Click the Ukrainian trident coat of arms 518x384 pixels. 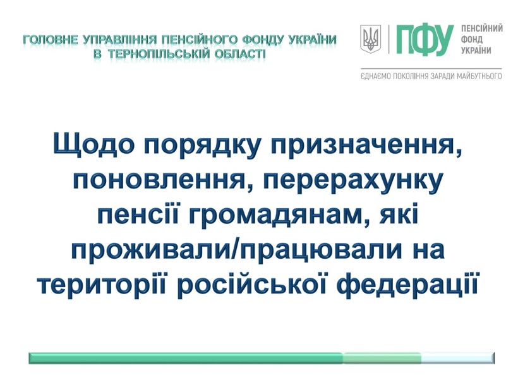click(x=370, y=39)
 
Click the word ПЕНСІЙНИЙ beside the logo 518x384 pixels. click(x=482, y=28)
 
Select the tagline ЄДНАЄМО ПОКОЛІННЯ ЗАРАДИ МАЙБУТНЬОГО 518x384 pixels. click(x=431, y=77)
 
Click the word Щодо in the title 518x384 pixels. click(x=94, y=144)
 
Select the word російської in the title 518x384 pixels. click(x=253, y=285)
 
